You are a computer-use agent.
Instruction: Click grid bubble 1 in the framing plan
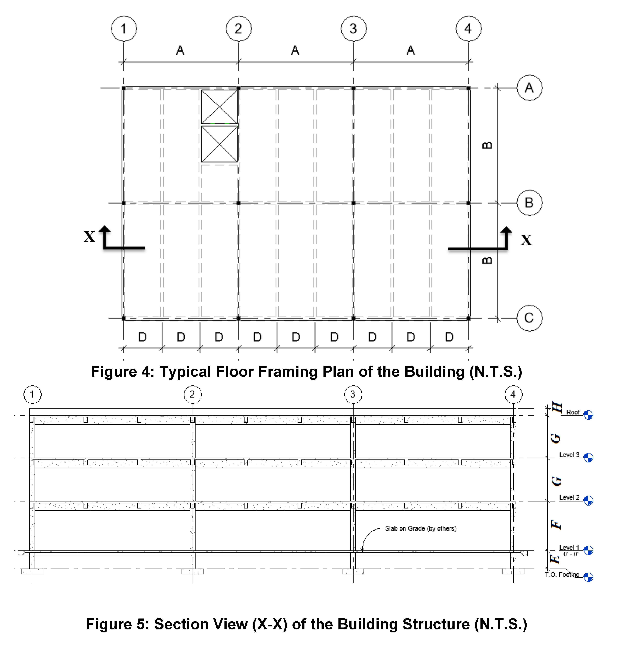(124, 28)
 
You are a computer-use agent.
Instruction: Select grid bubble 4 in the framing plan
(468, 28)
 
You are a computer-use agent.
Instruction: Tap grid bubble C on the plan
(529, 318)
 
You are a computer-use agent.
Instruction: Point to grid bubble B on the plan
(529, 203)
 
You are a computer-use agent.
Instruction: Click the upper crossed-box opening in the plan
(219, 107)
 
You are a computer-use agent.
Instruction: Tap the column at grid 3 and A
(353, 88)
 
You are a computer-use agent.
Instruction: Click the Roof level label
(573, 412)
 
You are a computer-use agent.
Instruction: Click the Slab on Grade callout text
(420, 528)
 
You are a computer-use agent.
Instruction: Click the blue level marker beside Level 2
(588, 500)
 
